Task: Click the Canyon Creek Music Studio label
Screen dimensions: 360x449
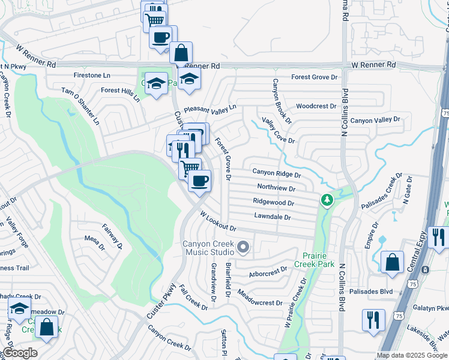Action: (209, 248)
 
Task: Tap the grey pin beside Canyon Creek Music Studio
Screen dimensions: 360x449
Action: (243, 247)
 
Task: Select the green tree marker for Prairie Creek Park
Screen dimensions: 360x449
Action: (327, 200)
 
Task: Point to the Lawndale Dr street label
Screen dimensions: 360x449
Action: (272, 217)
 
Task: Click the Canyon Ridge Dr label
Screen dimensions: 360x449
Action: (276, 173)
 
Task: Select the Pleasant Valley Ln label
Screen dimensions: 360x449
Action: (210, 108)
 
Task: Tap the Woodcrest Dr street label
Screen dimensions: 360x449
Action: (316, 106)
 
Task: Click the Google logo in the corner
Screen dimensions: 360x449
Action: (19, 353)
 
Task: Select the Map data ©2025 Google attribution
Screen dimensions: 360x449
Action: (412, 355)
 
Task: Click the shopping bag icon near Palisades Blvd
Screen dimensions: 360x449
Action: (392, 263)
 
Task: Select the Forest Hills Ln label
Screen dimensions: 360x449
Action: (120, 91)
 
